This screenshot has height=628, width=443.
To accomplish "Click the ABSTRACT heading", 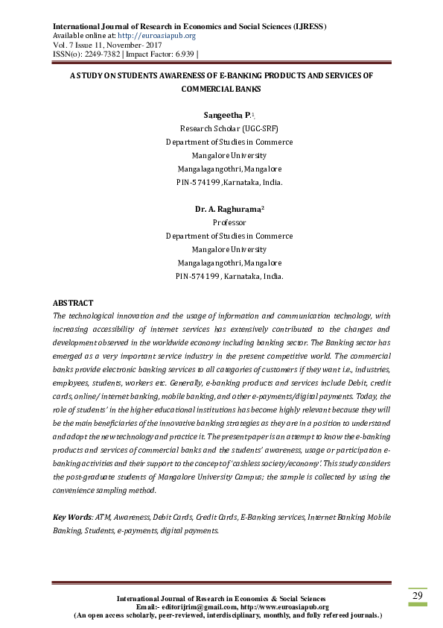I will (x=73, y=303).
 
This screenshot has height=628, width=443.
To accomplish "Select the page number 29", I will (x=418, y=595).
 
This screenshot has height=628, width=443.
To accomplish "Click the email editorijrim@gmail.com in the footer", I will (x=193, y=607).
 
